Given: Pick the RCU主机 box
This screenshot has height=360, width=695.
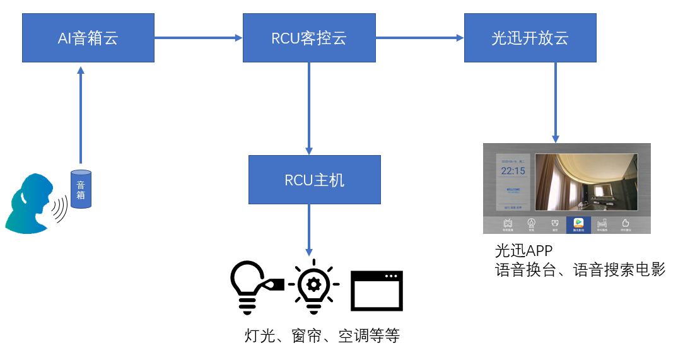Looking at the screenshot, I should click(315, 180).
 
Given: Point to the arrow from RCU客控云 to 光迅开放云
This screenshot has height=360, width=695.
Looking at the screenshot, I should click(419, 38).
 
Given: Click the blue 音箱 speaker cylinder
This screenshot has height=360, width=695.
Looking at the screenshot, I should click(81, 189).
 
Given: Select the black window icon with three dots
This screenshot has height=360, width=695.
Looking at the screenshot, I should click(377, 290).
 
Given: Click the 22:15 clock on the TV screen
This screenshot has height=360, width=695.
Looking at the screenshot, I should click(513, 171).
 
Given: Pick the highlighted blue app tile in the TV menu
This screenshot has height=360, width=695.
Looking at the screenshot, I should click(578, 224).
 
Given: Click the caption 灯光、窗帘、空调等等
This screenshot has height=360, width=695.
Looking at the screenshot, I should click(322, 335).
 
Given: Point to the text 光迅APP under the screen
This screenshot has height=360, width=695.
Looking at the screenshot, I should click(523, 251).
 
